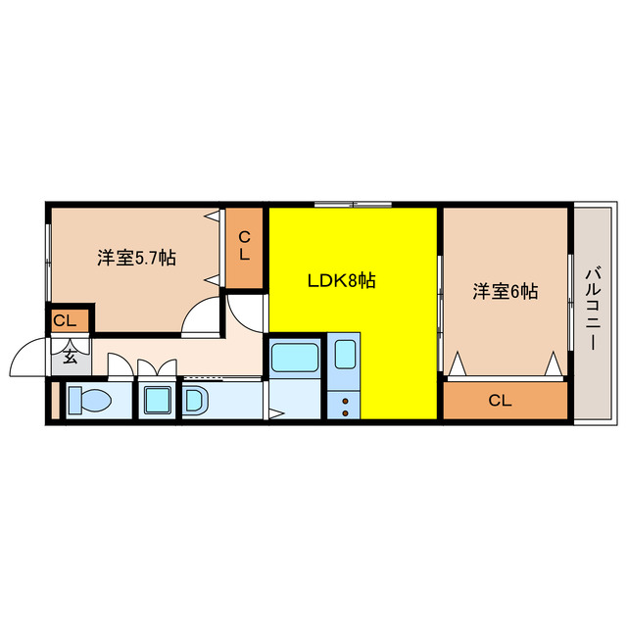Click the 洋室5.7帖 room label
click(x=136, y=259)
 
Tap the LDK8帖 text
click(x=342, y=281)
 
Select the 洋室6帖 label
click(x=506, y=291)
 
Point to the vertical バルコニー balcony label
click(x=594, y=311)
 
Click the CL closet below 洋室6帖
click(x=505, y=400)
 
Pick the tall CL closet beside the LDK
click(x=245, y=246)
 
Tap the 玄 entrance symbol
click(x=71, y=356)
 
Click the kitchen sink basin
click(x=345, y=353)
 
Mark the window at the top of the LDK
click(x=353, y=204)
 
